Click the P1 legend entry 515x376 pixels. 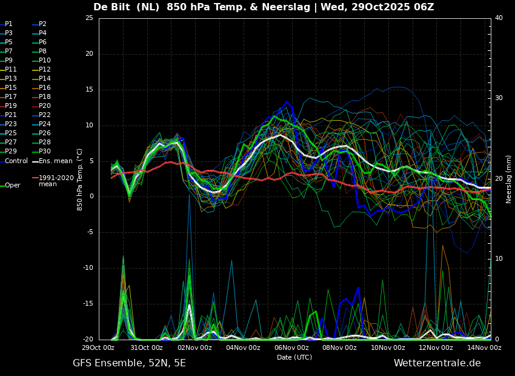coord(6,24)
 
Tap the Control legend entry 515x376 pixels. coord(14,161)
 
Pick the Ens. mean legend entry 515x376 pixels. coord(52,161)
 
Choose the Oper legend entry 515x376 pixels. coord(10,186)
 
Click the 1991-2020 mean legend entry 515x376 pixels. coord(53,181)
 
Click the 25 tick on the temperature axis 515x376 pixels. coord(89,18)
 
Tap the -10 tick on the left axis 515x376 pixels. coord(88,268)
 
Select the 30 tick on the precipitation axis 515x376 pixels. coord(499,98)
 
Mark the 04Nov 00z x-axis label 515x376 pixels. coord(243,347)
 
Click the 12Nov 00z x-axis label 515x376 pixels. coord(436,347)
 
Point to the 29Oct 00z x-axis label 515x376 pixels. coord(98,347)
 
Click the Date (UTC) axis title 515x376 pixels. coord(294,357)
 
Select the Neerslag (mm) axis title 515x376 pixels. coord(509,179)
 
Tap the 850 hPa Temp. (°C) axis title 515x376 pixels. coord(79,180)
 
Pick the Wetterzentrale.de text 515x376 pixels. coord(437,363)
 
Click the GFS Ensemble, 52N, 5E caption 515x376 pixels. coord(130,363)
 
